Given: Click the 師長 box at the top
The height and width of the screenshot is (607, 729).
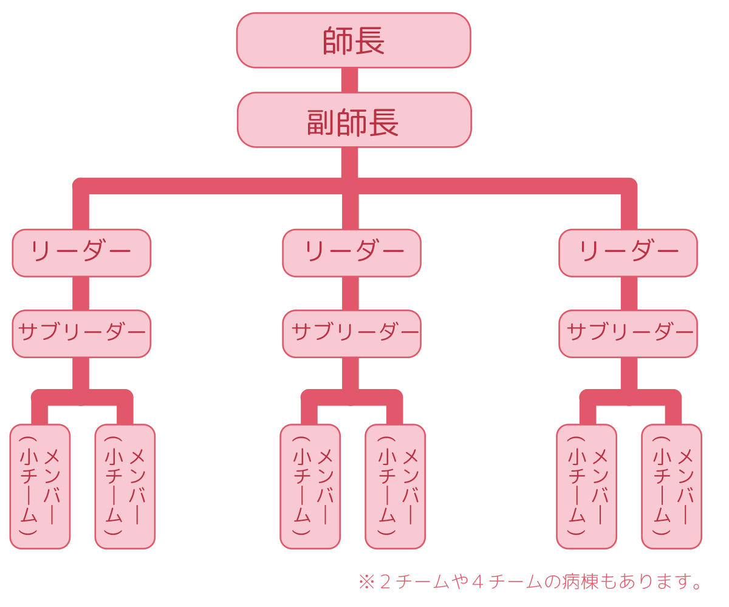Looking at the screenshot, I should pyautogui.click(x=354, y=41).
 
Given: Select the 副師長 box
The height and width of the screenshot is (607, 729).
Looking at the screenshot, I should pyautogui.click(x=354, y=120).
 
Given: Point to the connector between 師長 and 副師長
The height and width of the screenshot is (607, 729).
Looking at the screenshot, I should pyautogui.click(x=349, y=80).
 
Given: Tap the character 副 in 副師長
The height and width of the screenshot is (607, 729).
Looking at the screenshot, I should pyautogui.click(x=322, y=123).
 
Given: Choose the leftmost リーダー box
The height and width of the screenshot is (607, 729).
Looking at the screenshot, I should pyautogui.click(x=81, y=253).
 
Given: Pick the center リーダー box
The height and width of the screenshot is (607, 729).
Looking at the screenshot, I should pyautogui.click(x=352, y=253).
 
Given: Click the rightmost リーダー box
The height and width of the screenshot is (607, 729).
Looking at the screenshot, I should pyautogui.click(x=628, y=253).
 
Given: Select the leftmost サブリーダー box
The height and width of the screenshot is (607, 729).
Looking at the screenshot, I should pyautogui.click(x=81, y=334).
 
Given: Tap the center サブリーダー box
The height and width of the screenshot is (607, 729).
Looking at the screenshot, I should pyautogui.click(x=352, y=334).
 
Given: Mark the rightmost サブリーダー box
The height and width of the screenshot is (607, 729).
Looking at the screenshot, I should pyautogui.click(x=628, y=334).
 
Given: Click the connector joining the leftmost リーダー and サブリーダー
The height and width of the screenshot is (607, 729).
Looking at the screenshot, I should pyautogui.click(x=81, y=294).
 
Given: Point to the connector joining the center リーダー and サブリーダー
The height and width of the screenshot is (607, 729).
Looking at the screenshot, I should pyautogui.click(x=350, y=294).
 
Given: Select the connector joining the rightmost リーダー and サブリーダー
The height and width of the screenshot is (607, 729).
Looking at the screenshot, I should pyautogui.click(x=629, y=294).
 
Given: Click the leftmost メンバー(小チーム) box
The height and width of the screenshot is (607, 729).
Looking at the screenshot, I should pyautogui.click(x=40, y=486).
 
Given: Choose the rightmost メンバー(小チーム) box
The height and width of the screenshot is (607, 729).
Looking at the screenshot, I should pyautogui.click(x=671, y=486).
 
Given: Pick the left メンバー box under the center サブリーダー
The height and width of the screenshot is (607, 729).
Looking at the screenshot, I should pyautogui.click(x=310, y=486).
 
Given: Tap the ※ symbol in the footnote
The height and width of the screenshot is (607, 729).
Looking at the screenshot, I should pyautogui.click(x=366, y=583).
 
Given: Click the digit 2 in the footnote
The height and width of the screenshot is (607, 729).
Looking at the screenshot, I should pyautogui.click(x=385, y=583).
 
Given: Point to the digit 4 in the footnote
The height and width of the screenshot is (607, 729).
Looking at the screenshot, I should pyautogui.click(x=478, y=583).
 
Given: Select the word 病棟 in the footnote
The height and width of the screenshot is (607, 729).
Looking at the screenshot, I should pyautogui.click(x=584, y=583).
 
